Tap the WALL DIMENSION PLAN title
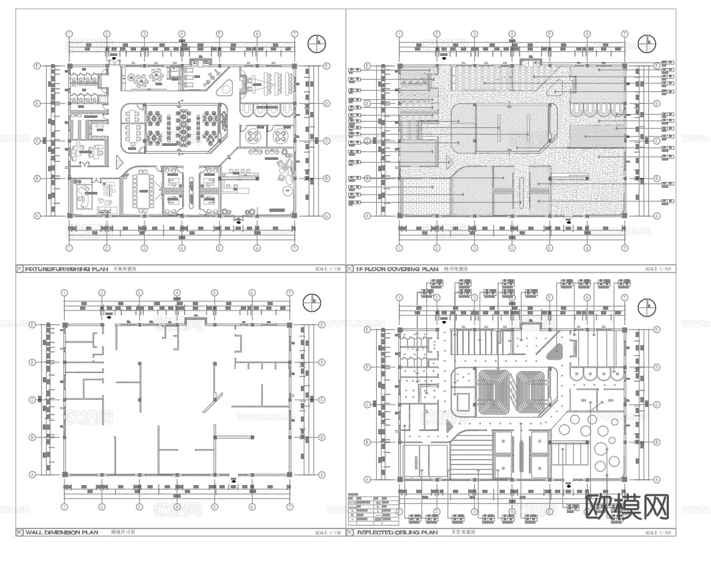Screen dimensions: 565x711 pyautogui.click(x=61, y=532)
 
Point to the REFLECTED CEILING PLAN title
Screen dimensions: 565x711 pyautogui.click(x=397, y=532)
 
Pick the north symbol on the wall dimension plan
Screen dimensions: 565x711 pyautogui.click(x=311, y=302)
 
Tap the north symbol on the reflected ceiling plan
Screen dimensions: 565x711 pyautogui.click(x=646, y=308)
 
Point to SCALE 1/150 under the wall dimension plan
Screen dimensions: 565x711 pyautogui.click(x=327, y=533)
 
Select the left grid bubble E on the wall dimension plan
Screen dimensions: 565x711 pyautogui.click(x=32, y=324)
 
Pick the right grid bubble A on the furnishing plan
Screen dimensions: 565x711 pyautogui.click(x=327, y=216)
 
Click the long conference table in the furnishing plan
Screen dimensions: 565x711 pyautogui.click(x=143, y=190)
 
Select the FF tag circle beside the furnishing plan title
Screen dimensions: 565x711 pyautogui.click(x=19, y=269)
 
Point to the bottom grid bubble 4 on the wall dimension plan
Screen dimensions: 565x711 pyautogui.click(x=177, y=507)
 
